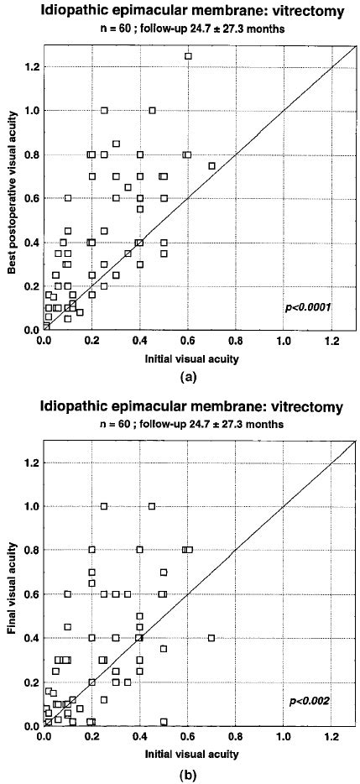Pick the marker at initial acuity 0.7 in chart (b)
pos(211,638)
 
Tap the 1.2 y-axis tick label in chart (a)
pos(32,66)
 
